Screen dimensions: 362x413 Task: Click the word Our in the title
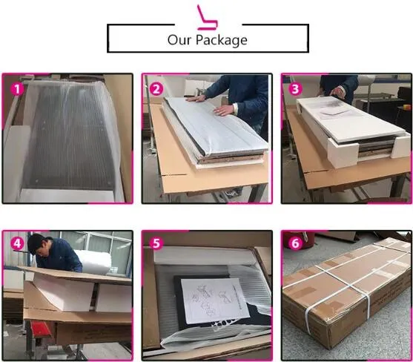click(x=182, y=39)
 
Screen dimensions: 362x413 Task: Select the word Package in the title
click(x=221, y=40)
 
